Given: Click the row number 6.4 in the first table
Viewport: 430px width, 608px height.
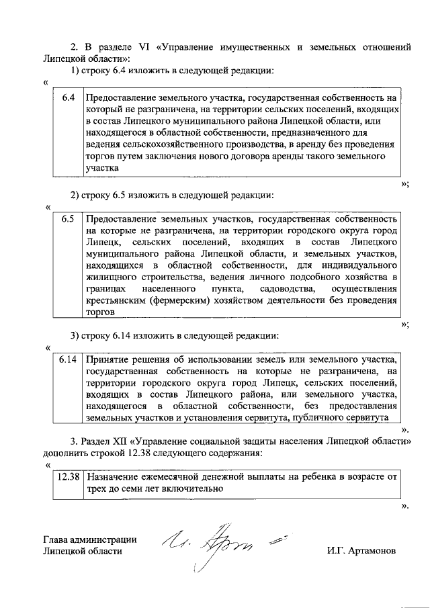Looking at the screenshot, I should click(67, 98).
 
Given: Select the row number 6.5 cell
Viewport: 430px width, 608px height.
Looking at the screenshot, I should click(67, 220).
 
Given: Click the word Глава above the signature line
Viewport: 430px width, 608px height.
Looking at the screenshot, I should click(56, 539).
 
